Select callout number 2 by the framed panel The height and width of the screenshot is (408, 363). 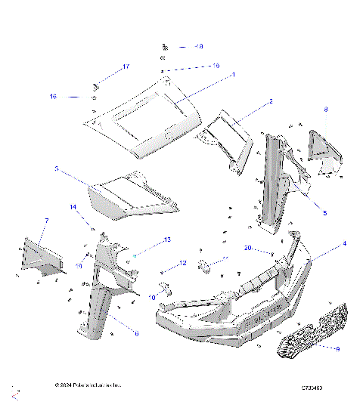271,100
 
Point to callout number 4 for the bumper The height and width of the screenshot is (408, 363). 344,243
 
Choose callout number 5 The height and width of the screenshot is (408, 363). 325,214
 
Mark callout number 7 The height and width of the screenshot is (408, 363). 46,220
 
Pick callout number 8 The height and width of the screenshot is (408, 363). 326,110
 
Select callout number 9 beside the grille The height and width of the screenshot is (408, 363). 337,348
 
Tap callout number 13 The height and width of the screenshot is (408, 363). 168,239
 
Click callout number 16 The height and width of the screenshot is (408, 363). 54,97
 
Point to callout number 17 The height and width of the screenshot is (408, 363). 126,67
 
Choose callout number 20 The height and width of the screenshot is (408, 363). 247,248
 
